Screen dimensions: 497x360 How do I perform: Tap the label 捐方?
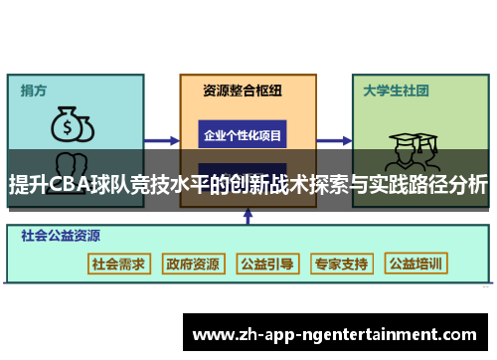click(35, 90)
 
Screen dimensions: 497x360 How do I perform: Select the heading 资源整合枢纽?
click(243, 90)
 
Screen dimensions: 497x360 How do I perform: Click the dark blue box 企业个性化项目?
click(243, 133)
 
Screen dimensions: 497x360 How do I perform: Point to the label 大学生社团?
click(396, 90)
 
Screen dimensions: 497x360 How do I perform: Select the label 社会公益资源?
click(61, 237)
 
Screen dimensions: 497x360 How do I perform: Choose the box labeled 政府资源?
click(194, 264)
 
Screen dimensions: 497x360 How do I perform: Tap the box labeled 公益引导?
click(267, 264)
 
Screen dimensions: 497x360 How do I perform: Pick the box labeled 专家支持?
click(341, 264)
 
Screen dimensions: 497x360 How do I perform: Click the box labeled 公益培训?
click(416, 264)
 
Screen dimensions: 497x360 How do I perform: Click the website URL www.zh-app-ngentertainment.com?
click(334, 334)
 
